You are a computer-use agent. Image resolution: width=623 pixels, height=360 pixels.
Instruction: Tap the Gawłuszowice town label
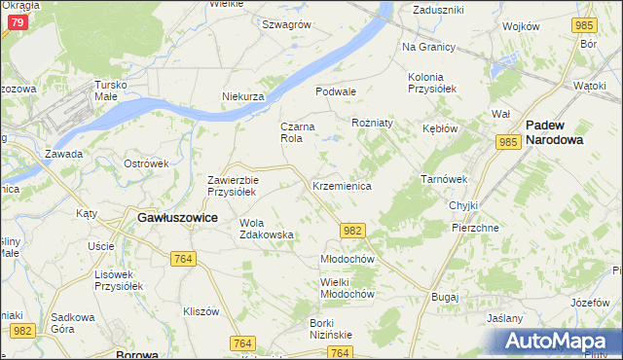coord(176,219)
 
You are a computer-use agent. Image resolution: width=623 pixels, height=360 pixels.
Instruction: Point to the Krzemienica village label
coord(341,185)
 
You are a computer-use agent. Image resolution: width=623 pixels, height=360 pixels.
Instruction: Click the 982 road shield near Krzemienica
coord(353,230)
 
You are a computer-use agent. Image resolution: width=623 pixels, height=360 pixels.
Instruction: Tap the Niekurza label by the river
coord(243,97)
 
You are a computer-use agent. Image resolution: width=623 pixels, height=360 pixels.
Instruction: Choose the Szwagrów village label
coord(285,24)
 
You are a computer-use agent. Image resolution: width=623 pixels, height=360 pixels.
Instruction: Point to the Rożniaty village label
coord(372,124)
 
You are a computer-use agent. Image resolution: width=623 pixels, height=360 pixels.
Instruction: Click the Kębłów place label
coord(441,128)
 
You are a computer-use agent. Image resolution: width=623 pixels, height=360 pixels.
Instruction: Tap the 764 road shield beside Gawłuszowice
coord(182,258)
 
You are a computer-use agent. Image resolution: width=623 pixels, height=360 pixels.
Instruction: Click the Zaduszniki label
coord(438,9)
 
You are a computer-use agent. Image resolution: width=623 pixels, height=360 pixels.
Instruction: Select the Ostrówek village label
coord(147,162)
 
